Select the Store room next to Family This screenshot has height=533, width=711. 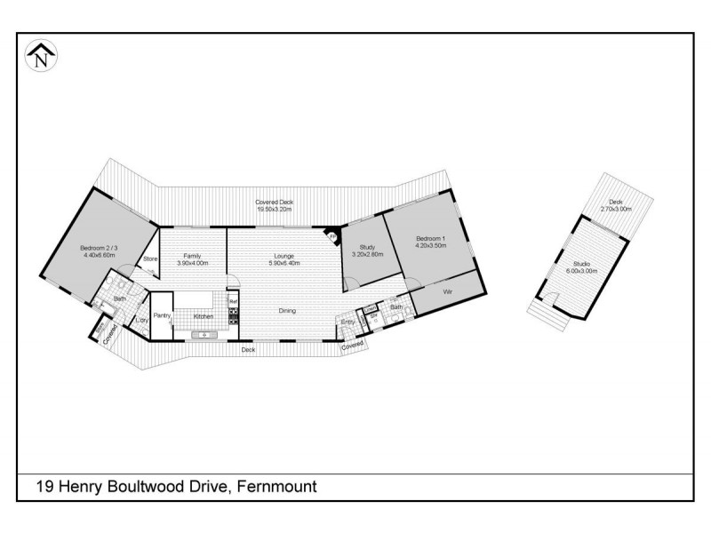coord(149,259)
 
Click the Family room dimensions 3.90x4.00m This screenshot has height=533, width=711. coord(192,264)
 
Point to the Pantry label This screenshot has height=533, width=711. coord(162,315)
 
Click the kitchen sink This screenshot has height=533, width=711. coord(204,334)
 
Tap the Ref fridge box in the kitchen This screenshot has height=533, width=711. coord(234,302)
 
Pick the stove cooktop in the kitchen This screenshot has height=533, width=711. coord(234,315)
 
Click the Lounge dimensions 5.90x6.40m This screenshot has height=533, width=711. coord(284,264)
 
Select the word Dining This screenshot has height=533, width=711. coord(286,311)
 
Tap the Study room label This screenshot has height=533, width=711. coord(369,247)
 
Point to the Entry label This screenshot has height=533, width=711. coord(348,322)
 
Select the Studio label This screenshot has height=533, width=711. coord(582,264)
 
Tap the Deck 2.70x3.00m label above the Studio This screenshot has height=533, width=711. coord(615,205)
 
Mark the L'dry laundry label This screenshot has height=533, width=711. coord(141,321)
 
